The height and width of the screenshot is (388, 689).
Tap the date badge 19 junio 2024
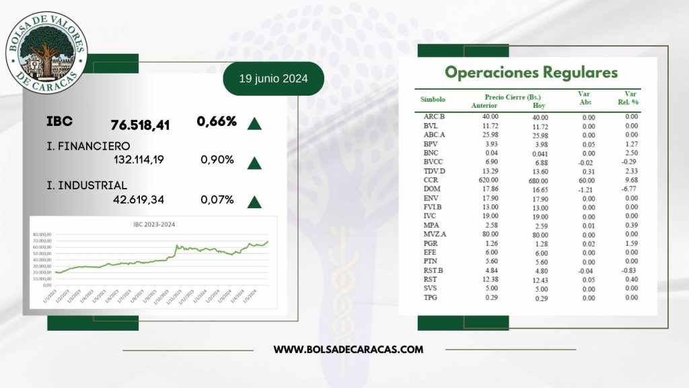tap(273, 79)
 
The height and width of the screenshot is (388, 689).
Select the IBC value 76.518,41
tap(140, 125)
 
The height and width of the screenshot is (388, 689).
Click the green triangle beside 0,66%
tap(254, 123)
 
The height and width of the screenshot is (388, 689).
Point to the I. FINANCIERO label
tap(88, 145)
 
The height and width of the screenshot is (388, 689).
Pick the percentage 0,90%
tap(217, 160)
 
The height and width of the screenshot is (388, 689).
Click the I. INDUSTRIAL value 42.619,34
tap(139, 199)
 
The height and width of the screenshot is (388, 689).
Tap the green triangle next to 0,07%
tap(254, 201)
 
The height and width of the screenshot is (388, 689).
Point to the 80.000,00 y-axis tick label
tap(44, 233)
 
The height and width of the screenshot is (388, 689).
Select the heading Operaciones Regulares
tap(531, 72)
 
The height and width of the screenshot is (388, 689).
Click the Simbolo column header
tap(433, 99)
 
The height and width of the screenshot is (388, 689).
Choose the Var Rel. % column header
tap(630, 98)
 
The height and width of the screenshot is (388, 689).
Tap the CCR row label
tap(431, 181)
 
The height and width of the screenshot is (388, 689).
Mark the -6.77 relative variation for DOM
tap(630, 191)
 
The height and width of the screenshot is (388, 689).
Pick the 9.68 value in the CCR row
tap(631, 181)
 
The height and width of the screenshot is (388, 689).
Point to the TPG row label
tap(431, 297)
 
